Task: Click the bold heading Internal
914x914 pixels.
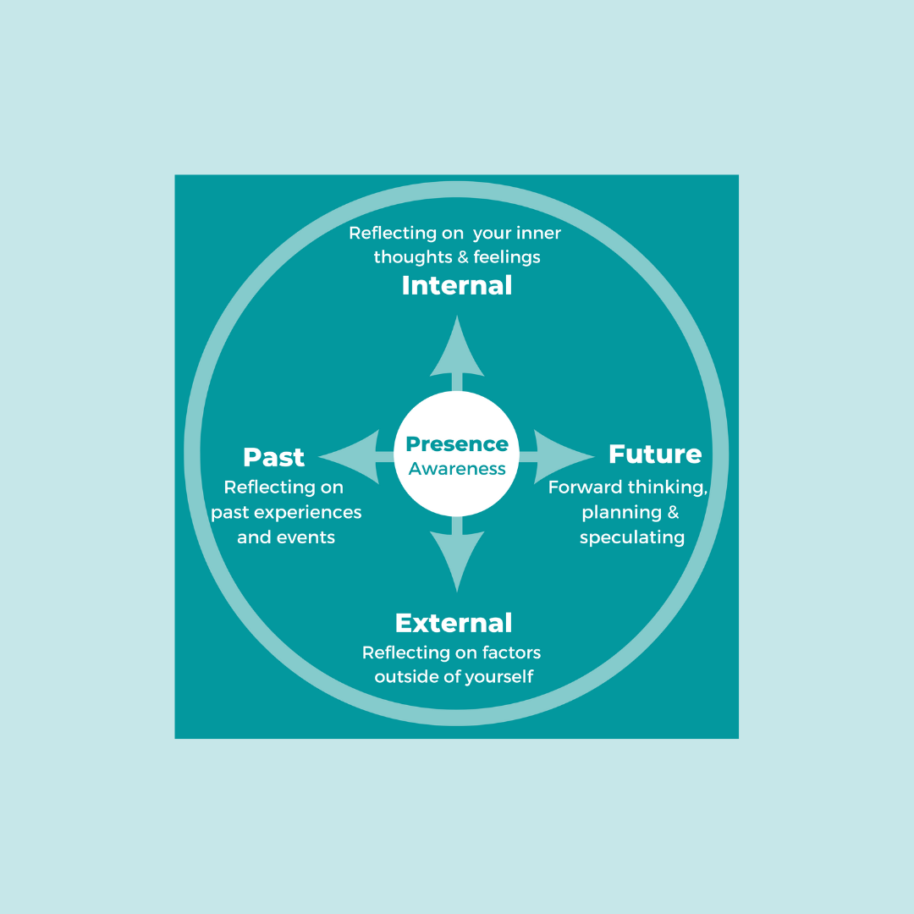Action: pyautogui.click(x=457, y=285)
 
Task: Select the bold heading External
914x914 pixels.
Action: pyautogui.click(x=454, y=623)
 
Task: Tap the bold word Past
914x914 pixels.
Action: pyautogui.click(x=273, y=457)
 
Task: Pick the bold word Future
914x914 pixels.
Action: pyautogui.click(x=655, y=454)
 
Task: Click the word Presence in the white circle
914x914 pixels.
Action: pyautogui.click(x=457, y=444)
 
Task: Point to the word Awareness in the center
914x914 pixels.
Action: pyautogui.click(x=457, y=469)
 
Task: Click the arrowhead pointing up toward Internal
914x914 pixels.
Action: pyautogui.click(x=457, y=347)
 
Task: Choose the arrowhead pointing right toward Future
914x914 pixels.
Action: pyautogui.click(x=564, y=456)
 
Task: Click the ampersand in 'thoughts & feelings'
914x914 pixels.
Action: pyautogui.click(x=461, y=256)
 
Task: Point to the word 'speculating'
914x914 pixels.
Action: pyautogui.click(x=632, y=537)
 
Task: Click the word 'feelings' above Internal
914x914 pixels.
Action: pyautogui.click(x=507, y=256)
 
